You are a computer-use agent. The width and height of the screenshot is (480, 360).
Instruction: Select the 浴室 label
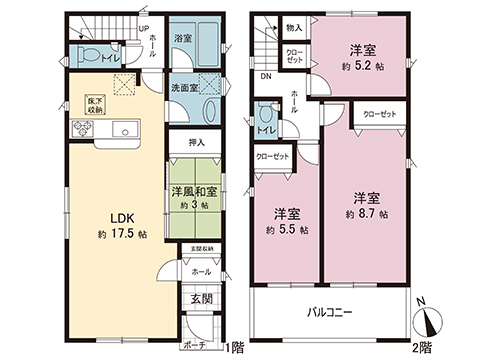click(x=183, y=38)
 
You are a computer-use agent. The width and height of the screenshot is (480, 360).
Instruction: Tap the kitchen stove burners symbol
click(x=81, y=127)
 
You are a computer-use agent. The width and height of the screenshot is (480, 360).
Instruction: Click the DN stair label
click(x=266, y=76)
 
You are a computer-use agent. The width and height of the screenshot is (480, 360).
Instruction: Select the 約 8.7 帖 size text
click(x=367, y=214)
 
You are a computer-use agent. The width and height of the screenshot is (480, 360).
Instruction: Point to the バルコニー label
click(x=329, y=313)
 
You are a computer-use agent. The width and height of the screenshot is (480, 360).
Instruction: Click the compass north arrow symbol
click(x=432, y=322)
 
